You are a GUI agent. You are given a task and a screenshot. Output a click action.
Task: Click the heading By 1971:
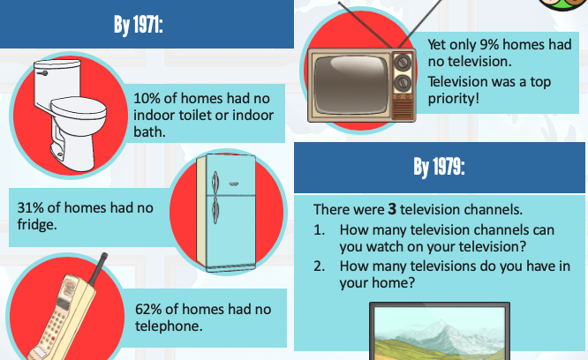139,25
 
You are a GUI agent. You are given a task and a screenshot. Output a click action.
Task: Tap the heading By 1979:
439,167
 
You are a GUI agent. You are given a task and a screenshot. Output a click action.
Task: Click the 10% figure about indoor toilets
147,99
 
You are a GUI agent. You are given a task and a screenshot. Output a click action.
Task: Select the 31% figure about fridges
30,207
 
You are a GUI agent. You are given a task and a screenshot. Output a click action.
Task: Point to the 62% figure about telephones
148,309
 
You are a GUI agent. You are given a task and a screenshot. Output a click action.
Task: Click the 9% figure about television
490,45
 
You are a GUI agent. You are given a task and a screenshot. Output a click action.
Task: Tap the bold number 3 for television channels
392,209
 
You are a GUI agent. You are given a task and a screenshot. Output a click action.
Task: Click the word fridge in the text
35,225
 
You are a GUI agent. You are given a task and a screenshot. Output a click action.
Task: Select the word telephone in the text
167,326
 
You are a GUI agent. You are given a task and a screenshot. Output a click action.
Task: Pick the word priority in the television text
451,99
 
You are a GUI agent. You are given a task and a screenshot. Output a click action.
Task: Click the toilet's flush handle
41,73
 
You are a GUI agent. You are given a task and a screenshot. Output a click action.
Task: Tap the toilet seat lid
78,106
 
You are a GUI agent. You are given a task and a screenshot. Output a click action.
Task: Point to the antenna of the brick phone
98,268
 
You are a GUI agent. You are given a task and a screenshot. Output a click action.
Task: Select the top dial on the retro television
402,62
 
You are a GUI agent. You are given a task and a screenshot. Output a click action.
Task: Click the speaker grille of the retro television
402,109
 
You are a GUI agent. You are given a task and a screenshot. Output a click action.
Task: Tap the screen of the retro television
351,85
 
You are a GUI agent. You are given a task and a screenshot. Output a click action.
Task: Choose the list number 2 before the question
319,266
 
